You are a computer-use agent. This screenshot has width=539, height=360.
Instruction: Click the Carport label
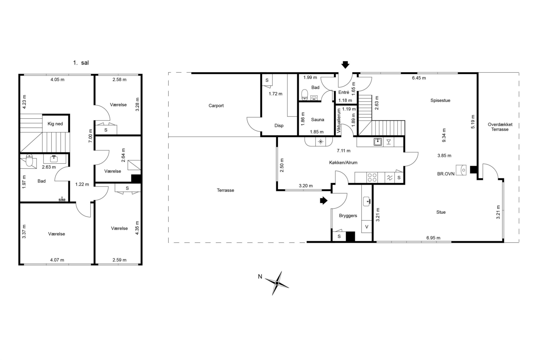click(x=216, y=106)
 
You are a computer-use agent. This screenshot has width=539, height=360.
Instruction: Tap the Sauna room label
click(x=317, y=120)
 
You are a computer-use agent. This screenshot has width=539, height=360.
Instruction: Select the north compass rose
click(x=277, y=283)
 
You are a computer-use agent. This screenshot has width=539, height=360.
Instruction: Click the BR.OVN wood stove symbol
click(x=461, y=170)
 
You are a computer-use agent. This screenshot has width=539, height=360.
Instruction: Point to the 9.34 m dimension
click(x=444, y=135)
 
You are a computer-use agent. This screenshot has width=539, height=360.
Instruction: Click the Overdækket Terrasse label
click(x=500, y=127)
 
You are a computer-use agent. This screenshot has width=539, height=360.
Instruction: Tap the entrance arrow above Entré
click(x=345, y=65)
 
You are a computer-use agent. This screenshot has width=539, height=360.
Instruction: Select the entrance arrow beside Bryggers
click(x=324, y=200)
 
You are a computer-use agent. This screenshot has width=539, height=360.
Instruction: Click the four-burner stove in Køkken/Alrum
click(x=372, y=178)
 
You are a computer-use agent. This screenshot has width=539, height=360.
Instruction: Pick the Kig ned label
click(x=55, y=124)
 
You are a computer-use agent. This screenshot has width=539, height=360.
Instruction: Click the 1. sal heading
click(x=81, y=63)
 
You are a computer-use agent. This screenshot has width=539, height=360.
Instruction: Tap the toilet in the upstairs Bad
click(x=29, y=160)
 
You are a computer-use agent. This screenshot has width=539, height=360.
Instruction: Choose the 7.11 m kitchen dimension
click(x=343, y=151)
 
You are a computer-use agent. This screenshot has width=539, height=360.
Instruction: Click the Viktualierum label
click(x=339, y=121)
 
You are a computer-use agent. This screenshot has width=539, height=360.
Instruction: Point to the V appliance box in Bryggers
click(x=367, y=227)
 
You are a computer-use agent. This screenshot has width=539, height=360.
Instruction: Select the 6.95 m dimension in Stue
click(x=433, y=238)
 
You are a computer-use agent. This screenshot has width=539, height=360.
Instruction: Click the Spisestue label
click(x=440, y=101)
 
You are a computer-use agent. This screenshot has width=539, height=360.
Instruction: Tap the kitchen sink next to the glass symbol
click(x=378, y=142)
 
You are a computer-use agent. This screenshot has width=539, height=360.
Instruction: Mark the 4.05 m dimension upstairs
click(x=57, y=80)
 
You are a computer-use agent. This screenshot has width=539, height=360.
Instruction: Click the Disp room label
click(x=279, y=126)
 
